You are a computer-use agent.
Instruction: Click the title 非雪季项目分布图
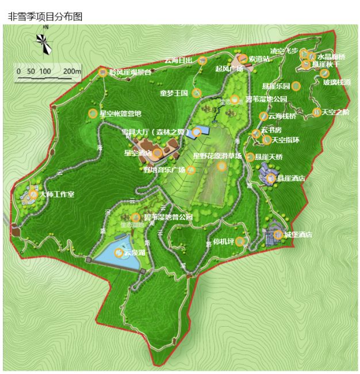45,17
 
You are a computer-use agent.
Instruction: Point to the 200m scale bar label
72,71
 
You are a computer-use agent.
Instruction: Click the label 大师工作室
57,194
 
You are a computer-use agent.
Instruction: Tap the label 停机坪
223,241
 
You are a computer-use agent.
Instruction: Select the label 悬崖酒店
291,178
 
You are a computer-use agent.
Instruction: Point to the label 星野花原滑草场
217,155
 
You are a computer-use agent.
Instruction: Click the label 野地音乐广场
164,170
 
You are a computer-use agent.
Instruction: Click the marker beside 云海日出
202,60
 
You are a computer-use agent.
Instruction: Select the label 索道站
259,59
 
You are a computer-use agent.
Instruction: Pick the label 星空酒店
138,153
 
